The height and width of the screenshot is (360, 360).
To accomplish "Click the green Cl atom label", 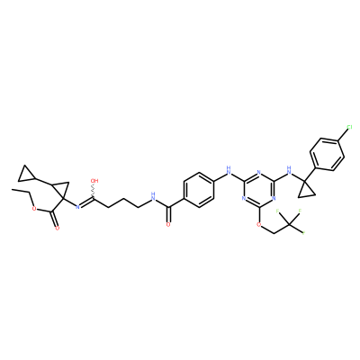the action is [349, 128].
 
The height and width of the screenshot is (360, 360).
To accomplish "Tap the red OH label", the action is [94, 181].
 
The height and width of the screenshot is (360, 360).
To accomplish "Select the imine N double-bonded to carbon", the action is [77, 206].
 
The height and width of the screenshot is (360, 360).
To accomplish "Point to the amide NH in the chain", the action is [153, 196].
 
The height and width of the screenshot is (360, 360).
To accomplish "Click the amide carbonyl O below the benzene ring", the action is [168, 224].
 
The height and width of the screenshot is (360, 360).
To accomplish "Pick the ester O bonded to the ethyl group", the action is [33, 209].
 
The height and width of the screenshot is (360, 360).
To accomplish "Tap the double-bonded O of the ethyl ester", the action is [58, 229].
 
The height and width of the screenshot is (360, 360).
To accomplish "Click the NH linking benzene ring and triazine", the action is [229, 170].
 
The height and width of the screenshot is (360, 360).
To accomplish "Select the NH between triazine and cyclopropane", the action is [289, 170].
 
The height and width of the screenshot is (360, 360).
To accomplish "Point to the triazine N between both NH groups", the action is [258, 173].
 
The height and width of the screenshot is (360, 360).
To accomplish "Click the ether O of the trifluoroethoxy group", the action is [258, 224].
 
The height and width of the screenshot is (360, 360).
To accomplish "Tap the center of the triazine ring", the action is [258, 190].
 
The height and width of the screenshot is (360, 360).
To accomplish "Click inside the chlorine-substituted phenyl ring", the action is [327, 155].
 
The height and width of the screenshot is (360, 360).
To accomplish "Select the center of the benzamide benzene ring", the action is [198, 190].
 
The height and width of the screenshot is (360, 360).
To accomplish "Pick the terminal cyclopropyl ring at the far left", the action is [26, 175].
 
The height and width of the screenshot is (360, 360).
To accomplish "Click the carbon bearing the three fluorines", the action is [289, 224].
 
